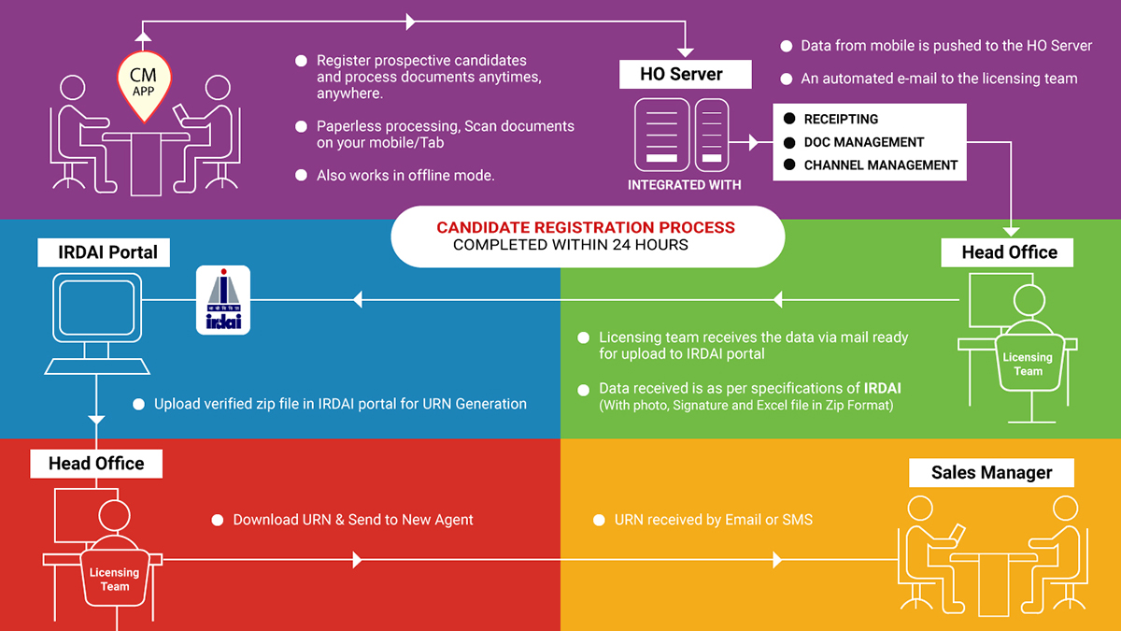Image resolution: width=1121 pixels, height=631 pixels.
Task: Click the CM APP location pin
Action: click(142, 83)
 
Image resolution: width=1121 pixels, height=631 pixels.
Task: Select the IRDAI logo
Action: click(222, 299)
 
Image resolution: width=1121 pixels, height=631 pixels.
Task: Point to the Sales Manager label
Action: click(991, 472)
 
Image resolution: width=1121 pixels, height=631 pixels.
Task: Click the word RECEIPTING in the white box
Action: click(841, 120)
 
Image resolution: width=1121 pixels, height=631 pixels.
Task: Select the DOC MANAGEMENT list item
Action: click(863, 142)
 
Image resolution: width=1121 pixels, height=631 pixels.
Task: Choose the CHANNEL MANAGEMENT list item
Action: click(880, 165)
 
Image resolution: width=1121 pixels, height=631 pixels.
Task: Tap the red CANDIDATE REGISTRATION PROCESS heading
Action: click(586, 227)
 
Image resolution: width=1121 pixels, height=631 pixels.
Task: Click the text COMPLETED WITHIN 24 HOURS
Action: click(570, 245)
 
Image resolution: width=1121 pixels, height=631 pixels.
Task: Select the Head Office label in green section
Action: click(1009, 251)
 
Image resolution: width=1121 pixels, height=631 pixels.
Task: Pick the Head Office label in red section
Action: click(96, 463)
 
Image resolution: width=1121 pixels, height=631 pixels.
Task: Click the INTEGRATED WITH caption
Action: click(684, 185)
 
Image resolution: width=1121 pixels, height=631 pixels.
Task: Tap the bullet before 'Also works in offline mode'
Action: click(301, 176)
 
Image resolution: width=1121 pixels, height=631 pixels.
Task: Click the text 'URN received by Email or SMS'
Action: click(713, 519)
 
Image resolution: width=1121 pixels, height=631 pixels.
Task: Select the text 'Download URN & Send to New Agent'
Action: click(353, 519)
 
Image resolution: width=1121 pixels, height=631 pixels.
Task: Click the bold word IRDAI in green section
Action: click(882, 388)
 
